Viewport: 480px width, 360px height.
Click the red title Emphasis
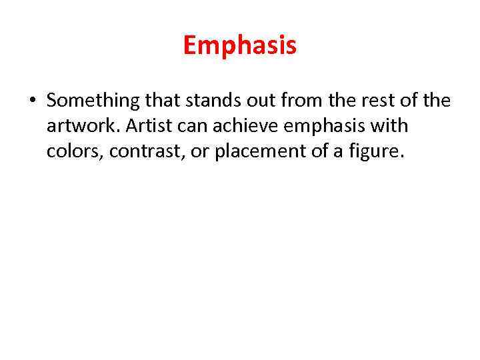pyautogui.click(x=240, y=46)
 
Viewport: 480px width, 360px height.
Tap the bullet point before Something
pyautogui.click(x=32, y=101)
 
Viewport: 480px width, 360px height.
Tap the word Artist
pyautogui.click(x=149, y=127)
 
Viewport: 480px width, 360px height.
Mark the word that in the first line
pyautogui.click(x=161, y=101)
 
